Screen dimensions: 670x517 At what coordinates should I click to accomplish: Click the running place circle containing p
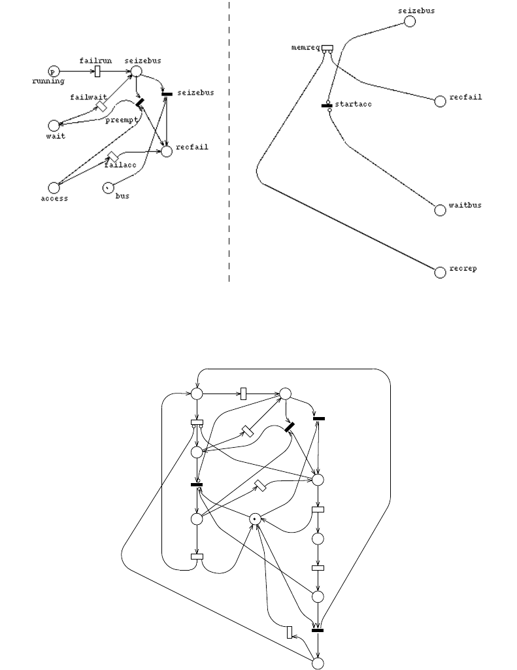(x=54, y=71)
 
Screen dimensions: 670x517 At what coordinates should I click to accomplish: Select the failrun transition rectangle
(x=97, y=71)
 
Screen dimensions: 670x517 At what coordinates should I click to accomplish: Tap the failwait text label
(x=84, y=97)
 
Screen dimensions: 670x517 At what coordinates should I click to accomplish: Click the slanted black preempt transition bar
(x=140, y=103)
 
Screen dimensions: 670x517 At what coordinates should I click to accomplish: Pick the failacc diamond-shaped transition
(x=112, y=156)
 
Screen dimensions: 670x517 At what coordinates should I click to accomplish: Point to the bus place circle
(x=107, y=188)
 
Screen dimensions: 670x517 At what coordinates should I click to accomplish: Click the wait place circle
(x=54, y=125)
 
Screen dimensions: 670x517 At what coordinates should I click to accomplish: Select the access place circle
(x=54, y=188)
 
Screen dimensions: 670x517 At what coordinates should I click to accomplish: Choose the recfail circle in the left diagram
(x=166, y=151)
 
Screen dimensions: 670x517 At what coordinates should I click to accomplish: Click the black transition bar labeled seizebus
(x=167, y=93)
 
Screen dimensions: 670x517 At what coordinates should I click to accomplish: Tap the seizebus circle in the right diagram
(x=410, y=22)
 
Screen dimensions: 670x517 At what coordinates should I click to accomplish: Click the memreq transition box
(x=327, y=48)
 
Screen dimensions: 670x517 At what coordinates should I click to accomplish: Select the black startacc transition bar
(x=327, y=105)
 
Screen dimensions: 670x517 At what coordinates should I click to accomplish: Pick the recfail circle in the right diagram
(x=441, y=101)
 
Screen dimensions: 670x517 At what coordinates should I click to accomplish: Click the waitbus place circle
(x=441, y=210)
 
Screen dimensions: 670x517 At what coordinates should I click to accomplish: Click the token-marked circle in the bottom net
(x=256, y=518)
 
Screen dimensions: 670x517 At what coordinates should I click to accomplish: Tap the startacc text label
(x=353, y=105)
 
